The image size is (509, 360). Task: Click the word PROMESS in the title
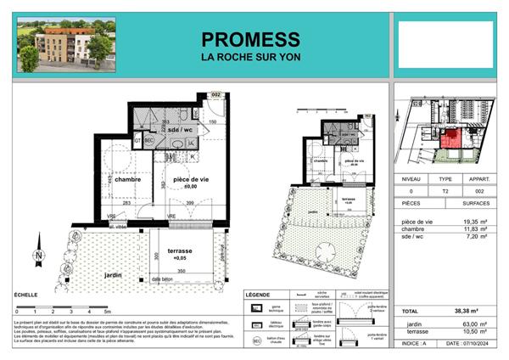click(250, 39)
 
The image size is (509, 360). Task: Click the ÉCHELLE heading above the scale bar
click(25, 294)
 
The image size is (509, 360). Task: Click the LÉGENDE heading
click(257, 295)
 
